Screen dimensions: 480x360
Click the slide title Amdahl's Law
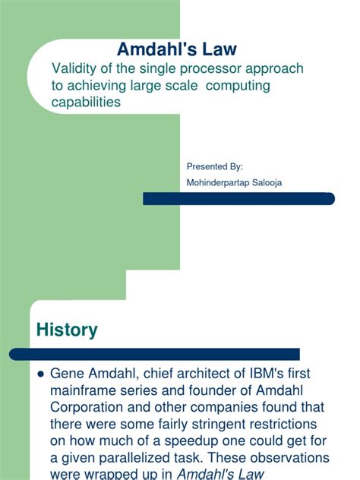[x=176, y=49]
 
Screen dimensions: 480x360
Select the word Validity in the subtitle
[x=74, y=69]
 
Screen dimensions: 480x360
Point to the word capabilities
[x=86, y=102]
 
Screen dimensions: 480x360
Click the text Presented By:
[x=214, y=166]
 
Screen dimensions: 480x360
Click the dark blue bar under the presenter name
[x=238, y=198]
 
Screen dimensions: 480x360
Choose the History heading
[x=67, y=330]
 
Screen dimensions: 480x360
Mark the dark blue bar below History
[x=154, y=354]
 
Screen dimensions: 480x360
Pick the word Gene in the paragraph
[x=67, y=374]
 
